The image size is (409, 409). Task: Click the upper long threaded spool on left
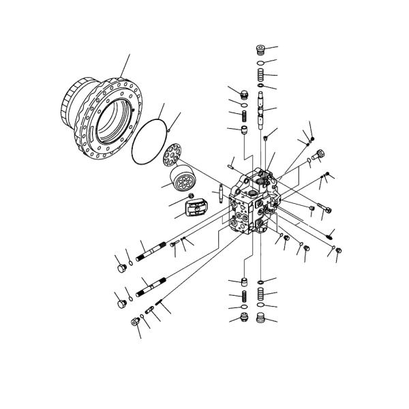(x=151, y=252)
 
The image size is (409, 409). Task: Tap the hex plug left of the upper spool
(x=122, y=270)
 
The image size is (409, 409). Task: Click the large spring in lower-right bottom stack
(x=260, y=295)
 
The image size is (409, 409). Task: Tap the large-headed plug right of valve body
(x=322, y=154)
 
